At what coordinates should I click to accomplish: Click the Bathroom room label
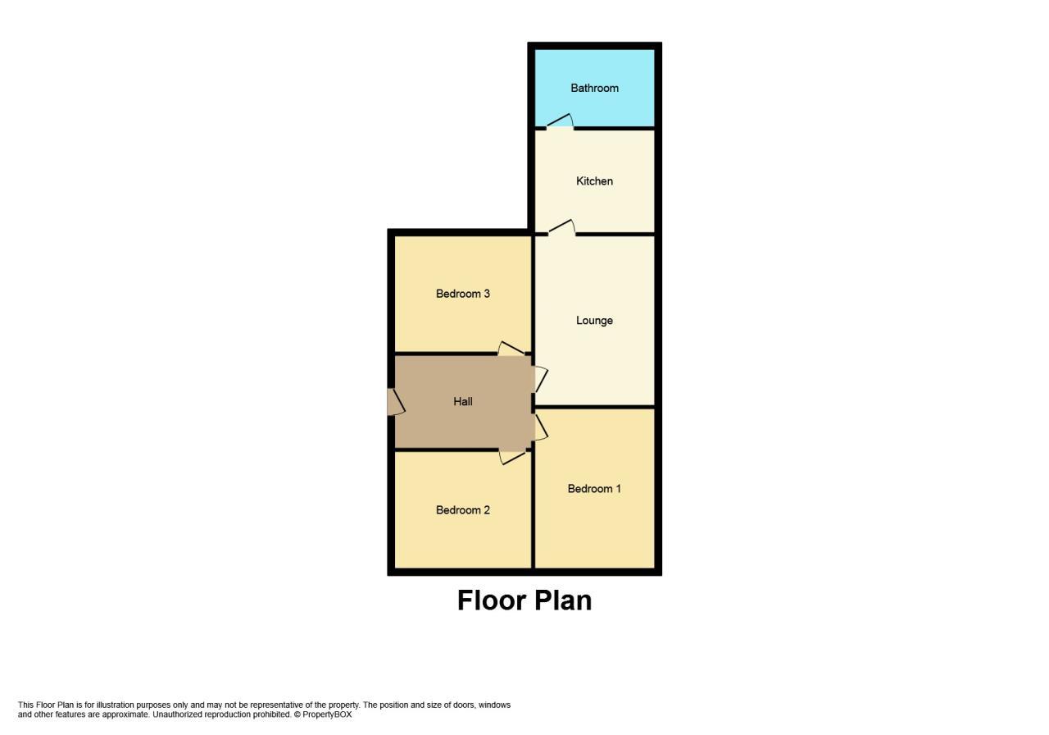[594, 88]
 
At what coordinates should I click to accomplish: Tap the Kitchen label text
[594, 181]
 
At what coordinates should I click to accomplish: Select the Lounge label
[594, 321]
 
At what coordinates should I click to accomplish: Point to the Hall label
[463, 402]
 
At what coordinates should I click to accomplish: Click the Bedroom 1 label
[594, 489]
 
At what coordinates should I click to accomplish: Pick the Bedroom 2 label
[463, 510]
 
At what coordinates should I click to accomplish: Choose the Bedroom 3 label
[463, 294]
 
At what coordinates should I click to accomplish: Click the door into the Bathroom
[560, 122]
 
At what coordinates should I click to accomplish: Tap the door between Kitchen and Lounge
[561, 228]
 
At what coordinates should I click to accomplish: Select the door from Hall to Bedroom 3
[511, 349]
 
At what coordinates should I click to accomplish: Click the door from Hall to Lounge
[540, 379]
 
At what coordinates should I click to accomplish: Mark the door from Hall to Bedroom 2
[512, 456]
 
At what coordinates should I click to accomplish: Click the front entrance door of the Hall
[395, 402]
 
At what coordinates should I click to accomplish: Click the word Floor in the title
[489, 600]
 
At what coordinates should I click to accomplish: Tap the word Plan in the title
[561, 600]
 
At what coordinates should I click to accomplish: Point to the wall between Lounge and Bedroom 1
[594, 406]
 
